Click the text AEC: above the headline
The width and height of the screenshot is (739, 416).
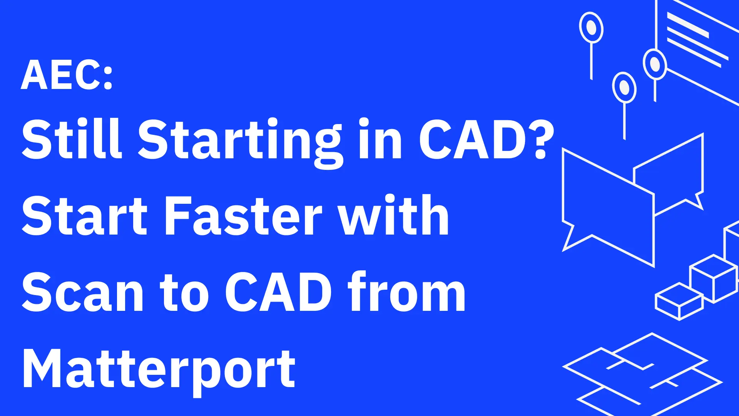(67, 75)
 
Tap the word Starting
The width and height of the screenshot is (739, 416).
(239, 141)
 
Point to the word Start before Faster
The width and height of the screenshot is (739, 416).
(85, 216)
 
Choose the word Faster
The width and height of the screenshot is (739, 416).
(244, 216)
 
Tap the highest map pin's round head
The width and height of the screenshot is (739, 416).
(591, 27)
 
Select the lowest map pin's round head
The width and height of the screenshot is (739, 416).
(624, 87)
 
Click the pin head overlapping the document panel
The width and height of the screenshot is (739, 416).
(655, 64)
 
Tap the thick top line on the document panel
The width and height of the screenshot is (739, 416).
(688, 25)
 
